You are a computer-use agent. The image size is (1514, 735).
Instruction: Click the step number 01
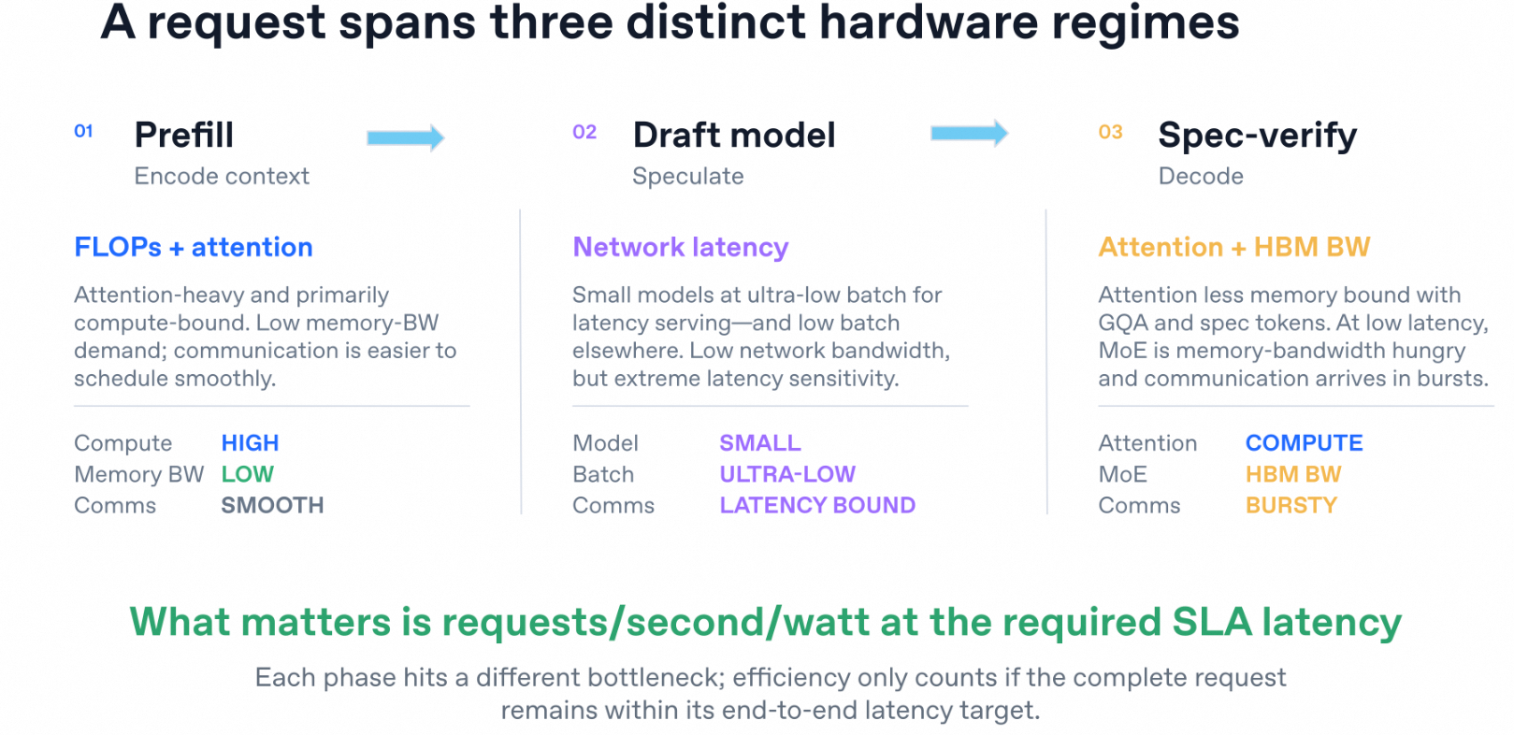point(83,131)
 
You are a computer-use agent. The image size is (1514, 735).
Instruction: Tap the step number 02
point(584,132)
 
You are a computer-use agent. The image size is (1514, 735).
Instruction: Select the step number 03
point(1111,132)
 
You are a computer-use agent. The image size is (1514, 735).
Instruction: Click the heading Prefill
point(184,135)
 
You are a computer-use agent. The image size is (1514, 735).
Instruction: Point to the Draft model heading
point(734,135)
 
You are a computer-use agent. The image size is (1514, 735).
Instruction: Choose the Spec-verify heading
point(1257,136)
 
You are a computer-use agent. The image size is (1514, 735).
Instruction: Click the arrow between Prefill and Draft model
point(406,138)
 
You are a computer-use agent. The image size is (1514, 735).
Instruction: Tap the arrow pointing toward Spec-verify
point(969,133)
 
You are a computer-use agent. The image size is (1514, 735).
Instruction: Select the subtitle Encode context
point(222,176)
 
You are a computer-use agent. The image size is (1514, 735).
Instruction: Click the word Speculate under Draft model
point(688,177)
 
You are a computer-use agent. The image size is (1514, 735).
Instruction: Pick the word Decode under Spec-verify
point(1201,176)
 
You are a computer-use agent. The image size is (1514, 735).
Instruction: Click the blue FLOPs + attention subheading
point(194,247)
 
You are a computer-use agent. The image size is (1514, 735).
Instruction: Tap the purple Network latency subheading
point(681,248)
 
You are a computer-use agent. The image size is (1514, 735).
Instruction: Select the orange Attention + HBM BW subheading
point(1234,247)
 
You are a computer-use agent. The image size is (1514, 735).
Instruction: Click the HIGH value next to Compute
point(250,443)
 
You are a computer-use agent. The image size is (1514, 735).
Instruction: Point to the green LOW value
point(248,474)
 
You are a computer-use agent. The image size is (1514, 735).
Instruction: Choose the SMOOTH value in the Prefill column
point(272,505)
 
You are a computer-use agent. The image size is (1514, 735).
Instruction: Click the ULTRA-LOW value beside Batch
point(787,474)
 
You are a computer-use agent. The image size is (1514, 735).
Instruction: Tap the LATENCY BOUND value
point(818,505)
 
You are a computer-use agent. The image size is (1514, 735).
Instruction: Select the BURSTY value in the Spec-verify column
point(1291,505)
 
